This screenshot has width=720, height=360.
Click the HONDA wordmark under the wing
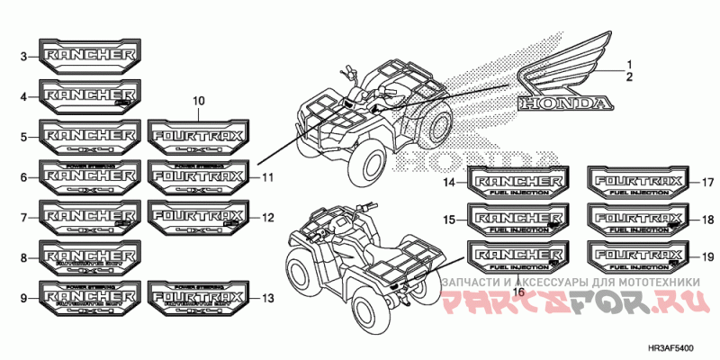tap(562, 103)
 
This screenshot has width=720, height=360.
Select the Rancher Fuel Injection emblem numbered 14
tap(518, 183)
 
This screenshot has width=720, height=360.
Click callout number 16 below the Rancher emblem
tap(518, 290)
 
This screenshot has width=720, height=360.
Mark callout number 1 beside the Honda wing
tap(630, 63)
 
